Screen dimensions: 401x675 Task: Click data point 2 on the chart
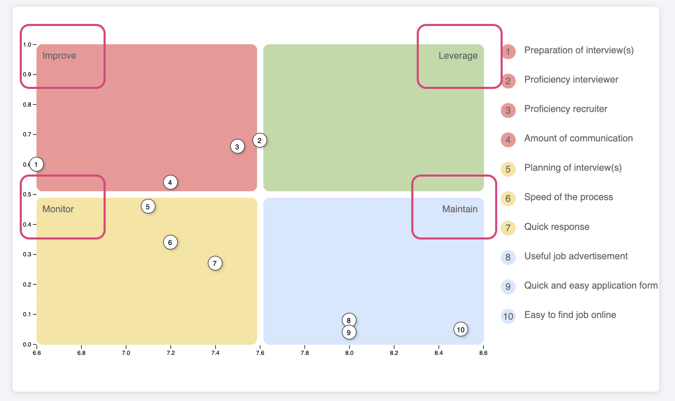pos(260,141)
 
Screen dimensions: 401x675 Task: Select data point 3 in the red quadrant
pos(237,147)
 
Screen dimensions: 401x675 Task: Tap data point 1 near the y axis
pos(36,164)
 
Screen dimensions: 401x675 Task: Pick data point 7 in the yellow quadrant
pos(215,263)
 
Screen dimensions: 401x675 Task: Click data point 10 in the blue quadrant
pos(460,330)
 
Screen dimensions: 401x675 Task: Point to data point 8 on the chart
pos(349,320)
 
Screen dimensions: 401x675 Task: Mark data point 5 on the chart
pos(148,207)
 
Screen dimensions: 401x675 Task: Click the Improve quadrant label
pos(59,56)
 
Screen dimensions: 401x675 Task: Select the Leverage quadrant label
pos(458,56)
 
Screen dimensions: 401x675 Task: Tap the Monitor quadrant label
pos(58,209)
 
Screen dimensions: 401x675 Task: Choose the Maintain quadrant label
pos(460,209)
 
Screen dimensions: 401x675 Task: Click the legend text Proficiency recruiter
pos(566,109)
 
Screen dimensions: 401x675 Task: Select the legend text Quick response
pos(557,227)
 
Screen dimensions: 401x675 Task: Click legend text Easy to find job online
pos(570,315)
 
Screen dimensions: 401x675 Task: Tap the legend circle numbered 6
pos(508,198)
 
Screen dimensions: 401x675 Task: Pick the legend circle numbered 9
pos(508,286)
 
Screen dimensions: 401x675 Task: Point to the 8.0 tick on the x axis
pos(349,353)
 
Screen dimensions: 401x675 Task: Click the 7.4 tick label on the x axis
pos(215,353)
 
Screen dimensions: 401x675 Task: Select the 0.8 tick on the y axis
pos(27,104)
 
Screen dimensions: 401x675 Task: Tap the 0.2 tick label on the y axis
pos(27,284)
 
